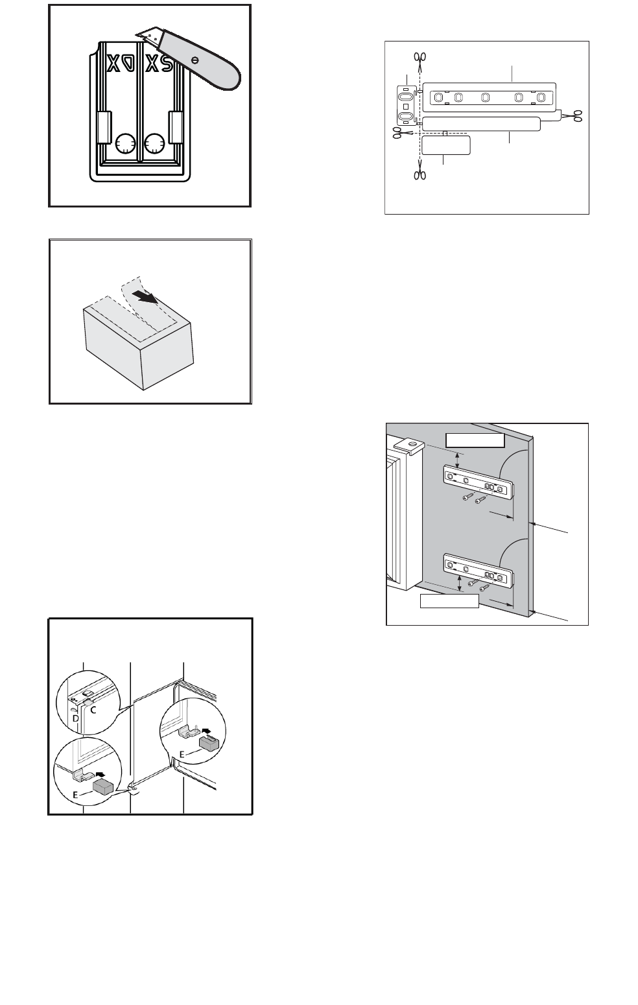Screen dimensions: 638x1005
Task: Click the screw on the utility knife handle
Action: [195, 60]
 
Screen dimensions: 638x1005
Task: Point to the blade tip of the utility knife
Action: [136, 34]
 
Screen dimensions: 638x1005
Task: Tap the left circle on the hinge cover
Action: [124, 143]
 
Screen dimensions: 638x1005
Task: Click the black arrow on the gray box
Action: [148, 296]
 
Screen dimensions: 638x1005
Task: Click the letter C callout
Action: [93, 710]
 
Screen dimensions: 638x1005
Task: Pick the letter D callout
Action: [75, 718]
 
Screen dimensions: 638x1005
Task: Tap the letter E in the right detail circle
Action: [182, 755]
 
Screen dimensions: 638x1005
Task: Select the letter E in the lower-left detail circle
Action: [75, 795]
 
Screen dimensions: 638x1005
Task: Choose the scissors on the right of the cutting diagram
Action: [572, 116]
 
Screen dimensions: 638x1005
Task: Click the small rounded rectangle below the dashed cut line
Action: [446, 145]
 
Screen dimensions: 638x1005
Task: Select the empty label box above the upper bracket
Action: [475, 441]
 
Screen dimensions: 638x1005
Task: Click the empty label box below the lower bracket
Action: [449, 601]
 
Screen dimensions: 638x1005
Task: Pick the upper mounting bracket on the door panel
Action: [478, 482]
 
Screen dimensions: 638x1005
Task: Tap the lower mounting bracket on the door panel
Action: [478, 571]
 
